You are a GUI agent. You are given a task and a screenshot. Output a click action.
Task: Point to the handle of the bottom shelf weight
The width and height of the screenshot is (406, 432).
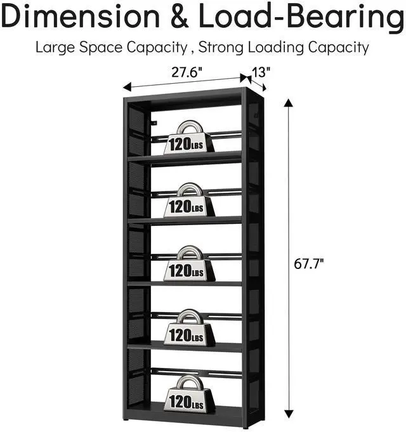(189, 383)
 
